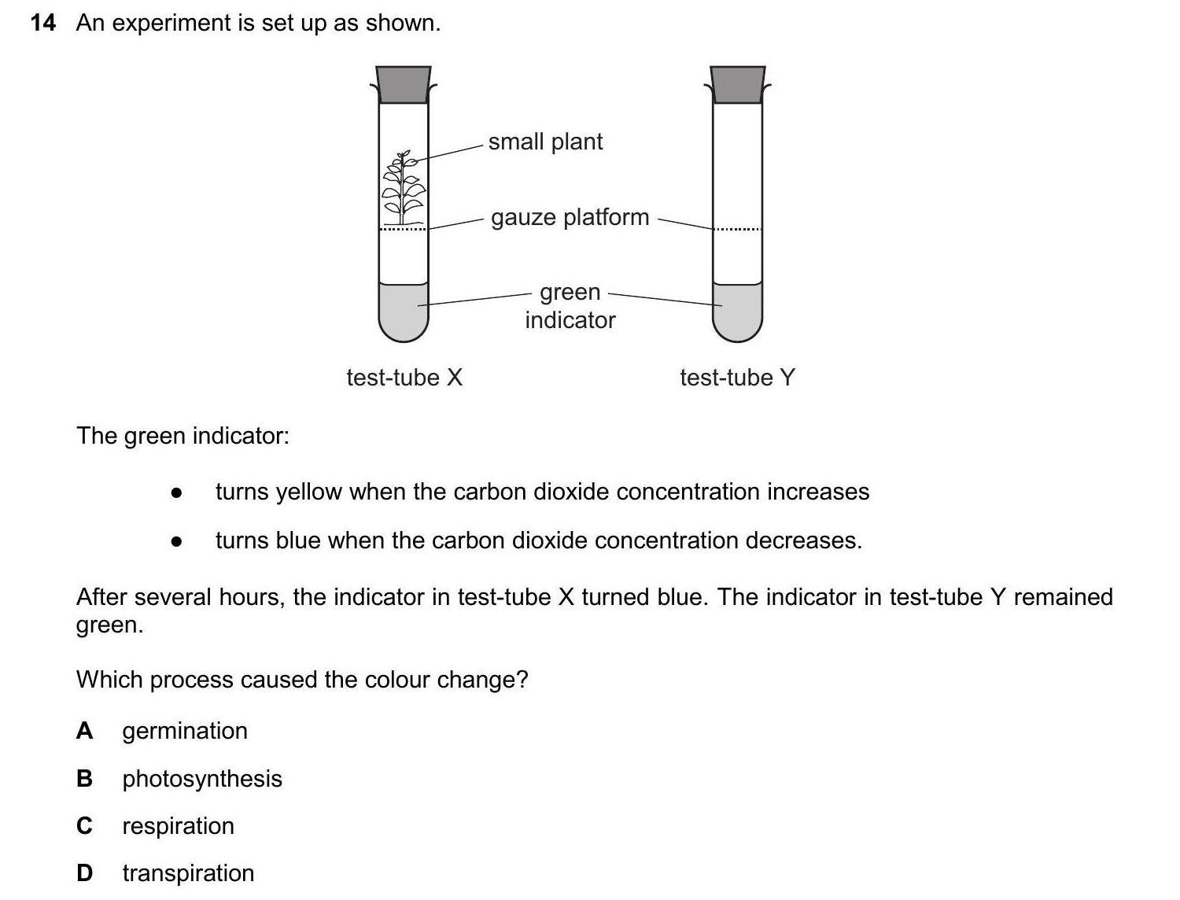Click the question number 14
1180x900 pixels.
42,24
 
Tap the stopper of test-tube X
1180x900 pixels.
404,84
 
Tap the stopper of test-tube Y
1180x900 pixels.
737,84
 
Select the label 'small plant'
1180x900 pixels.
545,142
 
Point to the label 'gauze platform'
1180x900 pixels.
570,217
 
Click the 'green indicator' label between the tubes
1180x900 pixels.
570,306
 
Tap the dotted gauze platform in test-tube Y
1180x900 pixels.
737,229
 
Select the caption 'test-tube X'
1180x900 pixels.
404,378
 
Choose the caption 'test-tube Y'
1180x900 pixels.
737,378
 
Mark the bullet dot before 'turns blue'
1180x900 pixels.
176,541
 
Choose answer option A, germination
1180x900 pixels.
185,731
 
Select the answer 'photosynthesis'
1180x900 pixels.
202,779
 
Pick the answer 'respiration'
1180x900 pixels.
178,826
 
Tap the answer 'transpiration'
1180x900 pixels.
188,873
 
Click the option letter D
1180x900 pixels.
84,873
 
